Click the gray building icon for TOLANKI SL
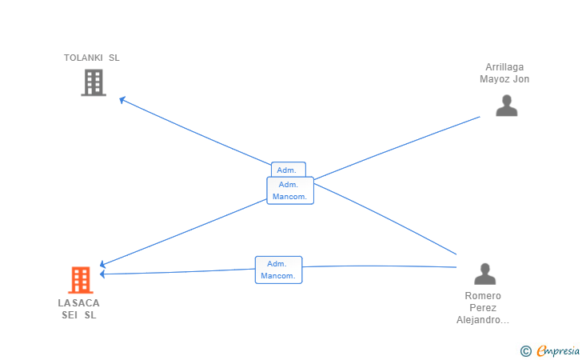[94, 82]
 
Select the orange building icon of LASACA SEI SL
[81, 280]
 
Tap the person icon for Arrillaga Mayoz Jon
[507, 106]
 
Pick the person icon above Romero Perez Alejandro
[484, 274]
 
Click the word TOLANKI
[83, 58]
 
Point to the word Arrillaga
[504, 67]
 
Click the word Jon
[521, 79]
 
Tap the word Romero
[483, 296]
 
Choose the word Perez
[483, 308]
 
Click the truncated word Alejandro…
[483, 320]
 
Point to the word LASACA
[78, 303]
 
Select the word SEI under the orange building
[70, 315]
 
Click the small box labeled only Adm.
[289, 170]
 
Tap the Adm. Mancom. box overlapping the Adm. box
[290, 190]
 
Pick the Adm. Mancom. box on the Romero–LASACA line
[279, 270]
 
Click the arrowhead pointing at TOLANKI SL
[122, 99]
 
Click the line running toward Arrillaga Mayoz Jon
[397, 148]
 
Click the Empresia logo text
[558, 351]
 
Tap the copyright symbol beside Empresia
[525, 351]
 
